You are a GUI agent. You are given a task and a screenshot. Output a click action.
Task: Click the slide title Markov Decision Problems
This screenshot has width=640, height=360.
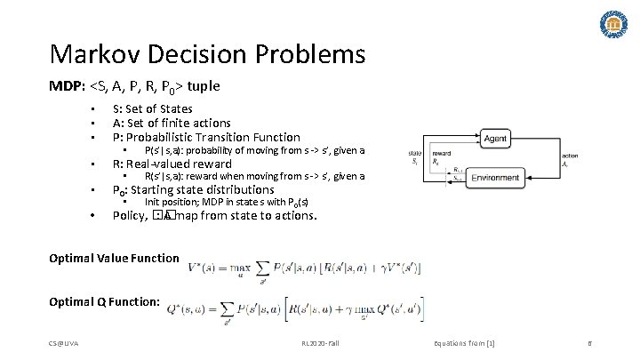pyautogui.click(x=207, y=55)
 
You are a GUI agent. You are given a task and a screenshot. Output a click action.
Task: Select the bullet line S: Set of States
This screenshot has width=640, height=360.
pyautogui.click(x=152, y=109)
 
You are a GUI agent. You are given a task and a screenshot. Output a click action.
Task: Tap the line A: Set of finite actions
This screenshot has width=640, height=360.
pyautogui.click(x=172, y=124)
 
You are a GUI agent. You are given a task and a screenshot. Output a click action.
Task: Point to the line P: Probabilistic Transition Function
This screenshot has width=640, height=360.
pyautogui.click(x=205, y=138)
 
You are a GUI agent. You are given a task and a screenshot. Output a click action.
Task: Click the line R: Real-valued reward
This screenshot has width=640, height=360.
pyautogui.click(x=171, y=164)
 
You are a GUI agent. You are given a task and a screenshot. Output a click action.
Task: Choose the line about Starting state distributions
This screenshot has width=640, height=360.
pyautogui.click(x=193, y=190)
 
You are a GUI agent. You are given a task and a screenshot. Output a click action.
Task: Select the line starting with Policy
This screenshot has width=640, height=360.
pyautogui.click(x=213, y=216)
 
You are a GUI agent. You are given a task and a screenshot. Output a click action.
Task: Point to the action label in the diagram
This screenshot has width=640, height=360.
pyautogui.click(x=570, y=156)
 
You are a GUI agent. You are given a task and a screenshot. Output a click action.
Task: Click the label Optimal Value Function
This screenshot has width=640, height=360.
pyautogui.click(x=114, y=259)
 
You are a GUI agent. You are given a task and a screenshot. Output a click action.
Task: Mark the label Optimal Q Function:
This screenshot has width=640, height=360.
pyautogui.click(x=105, y=302)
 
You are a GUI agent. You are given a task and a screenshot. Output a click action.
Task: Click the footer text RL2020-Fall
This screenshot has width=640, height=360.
pyautogui.click(x=321, y=343)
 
